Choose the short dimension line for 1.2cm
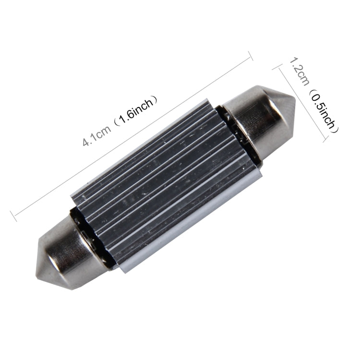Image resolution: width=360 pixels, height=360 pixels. (x=301, y=103)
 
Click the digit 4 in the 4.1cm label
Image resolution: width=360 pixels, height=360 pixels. (x=84, y=143)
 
